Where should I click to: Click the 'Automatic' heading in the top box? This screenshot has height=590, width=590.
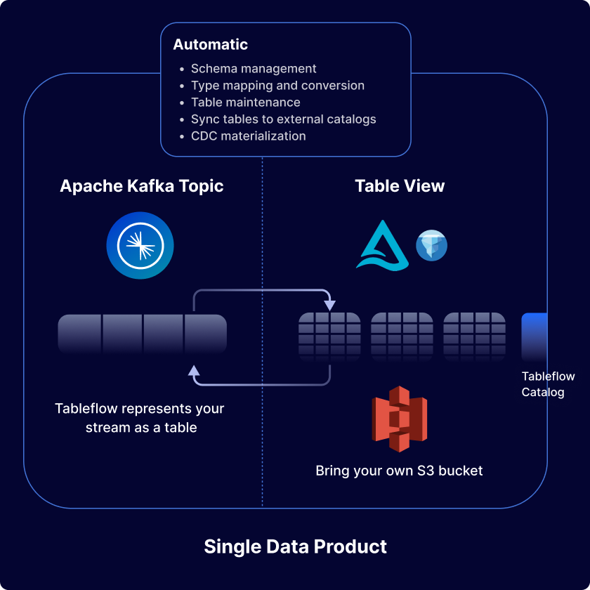(x=211, y=44)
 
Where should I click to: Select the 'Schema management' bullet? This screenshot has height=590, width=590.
(x=254, y=69)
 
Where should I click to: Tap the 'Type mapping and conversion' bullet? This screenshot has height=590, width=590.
(x=277, y=86)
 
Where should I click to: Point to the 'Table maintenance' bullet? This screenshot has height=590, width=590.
(x=245, y=103)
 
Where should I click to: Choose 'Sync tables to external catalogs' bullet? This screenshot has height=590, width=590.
(x=283, y=119)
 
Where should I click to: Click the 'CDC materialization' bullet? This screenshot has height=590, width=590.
(x=248, y=136)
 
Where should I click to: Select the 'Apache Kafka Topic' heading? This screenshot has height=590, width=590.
(x=142, y=186)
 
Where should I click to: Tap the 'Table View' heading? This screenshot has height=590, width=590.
(x=400, y=186)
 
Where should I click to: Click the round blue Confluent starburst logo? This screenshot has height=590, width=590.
(x=140, y=247)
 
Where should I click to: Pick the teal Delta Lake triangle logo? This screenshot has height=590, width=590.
(x=382, y=246)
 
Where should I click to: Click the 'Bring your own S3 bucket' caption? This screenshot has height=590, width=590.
(x=399, y=471)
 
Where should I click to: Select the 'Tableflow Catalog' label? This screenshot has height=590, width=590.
(x=547, y=384)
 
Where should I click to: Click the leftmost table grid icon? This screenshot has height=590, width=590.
(x=329, y=336)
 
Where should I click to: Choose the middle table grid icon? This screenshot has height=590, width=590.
(x=402, y=336)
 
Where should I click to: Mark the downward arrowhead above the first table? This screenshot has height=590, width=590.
(x=329, y=305)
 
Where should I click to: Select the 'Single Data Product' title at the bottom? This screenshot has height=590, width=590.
(x=295, y=546)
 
